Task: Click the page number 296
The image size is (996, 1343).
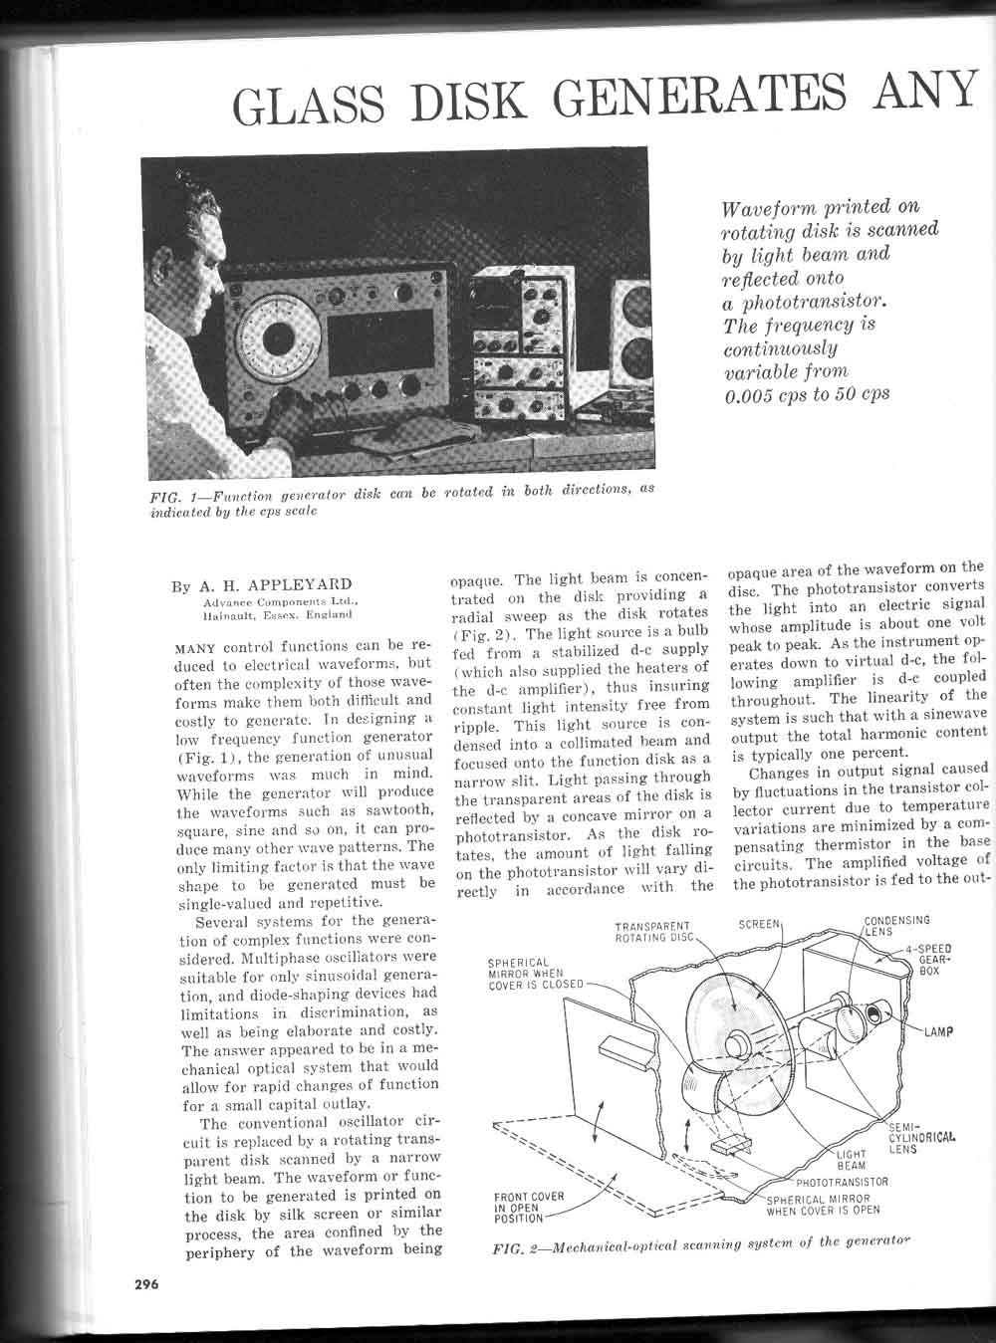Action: pyautogui.click(x=146, y=1284)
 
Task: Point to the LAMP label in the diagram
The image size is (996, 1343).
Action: pyautogui.click(x=937, y=1031)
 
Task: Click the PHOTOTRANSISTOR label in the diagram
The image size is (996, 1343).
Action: pyautogui.click(x=842, y=1182)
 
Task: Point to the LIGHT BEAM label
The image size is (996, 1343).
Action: pyautogui.click(x=851, y=1159)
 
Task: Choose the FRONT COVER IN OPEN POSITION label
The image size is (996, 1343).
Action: pyautogui.click(x=528, y=1207)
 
